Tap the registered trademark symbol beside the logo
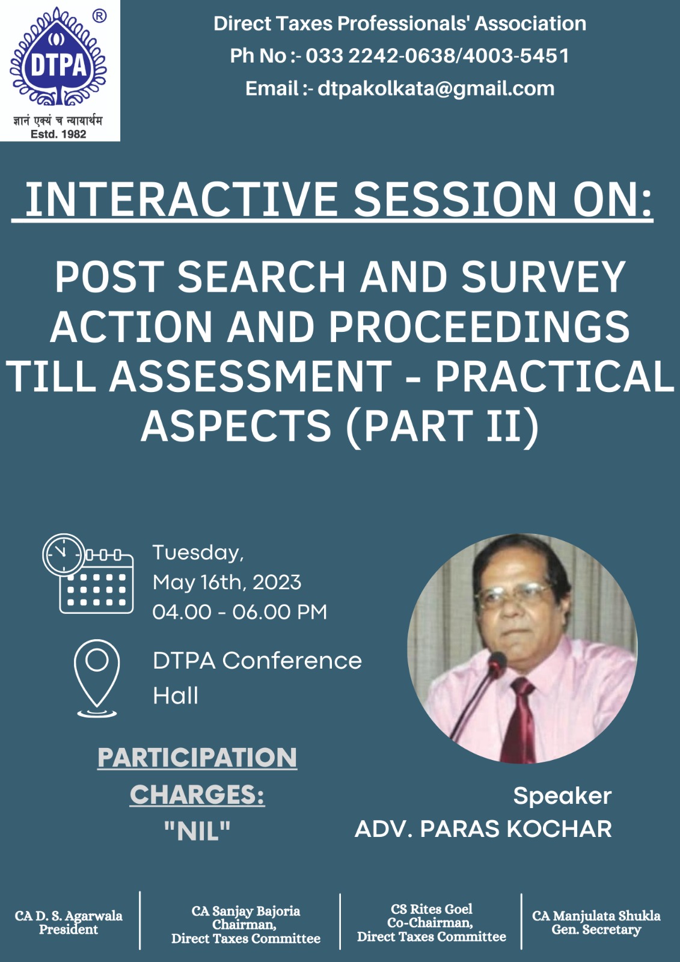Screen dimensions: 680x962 click(x=100, y=16)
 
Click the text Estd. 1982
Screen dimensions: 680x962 click(x=58, y=134)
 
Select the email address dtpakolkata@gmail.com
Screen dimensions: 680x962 click(x=436, y=89)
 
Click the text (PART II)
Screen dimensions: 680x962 click(x=442, y=425)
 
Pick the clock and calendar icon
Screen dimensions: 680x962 click(x=88, y=574)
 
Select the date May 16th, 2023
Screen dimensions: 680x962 click(x=227, y=583)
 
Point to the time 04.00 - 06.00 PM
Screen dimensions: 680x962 click(x=240, y=612)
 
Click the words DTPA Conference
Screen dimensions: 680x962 click(x=257, y=661)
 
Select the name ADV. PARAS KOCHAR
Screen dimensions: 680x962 click(x=483, y=829)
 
